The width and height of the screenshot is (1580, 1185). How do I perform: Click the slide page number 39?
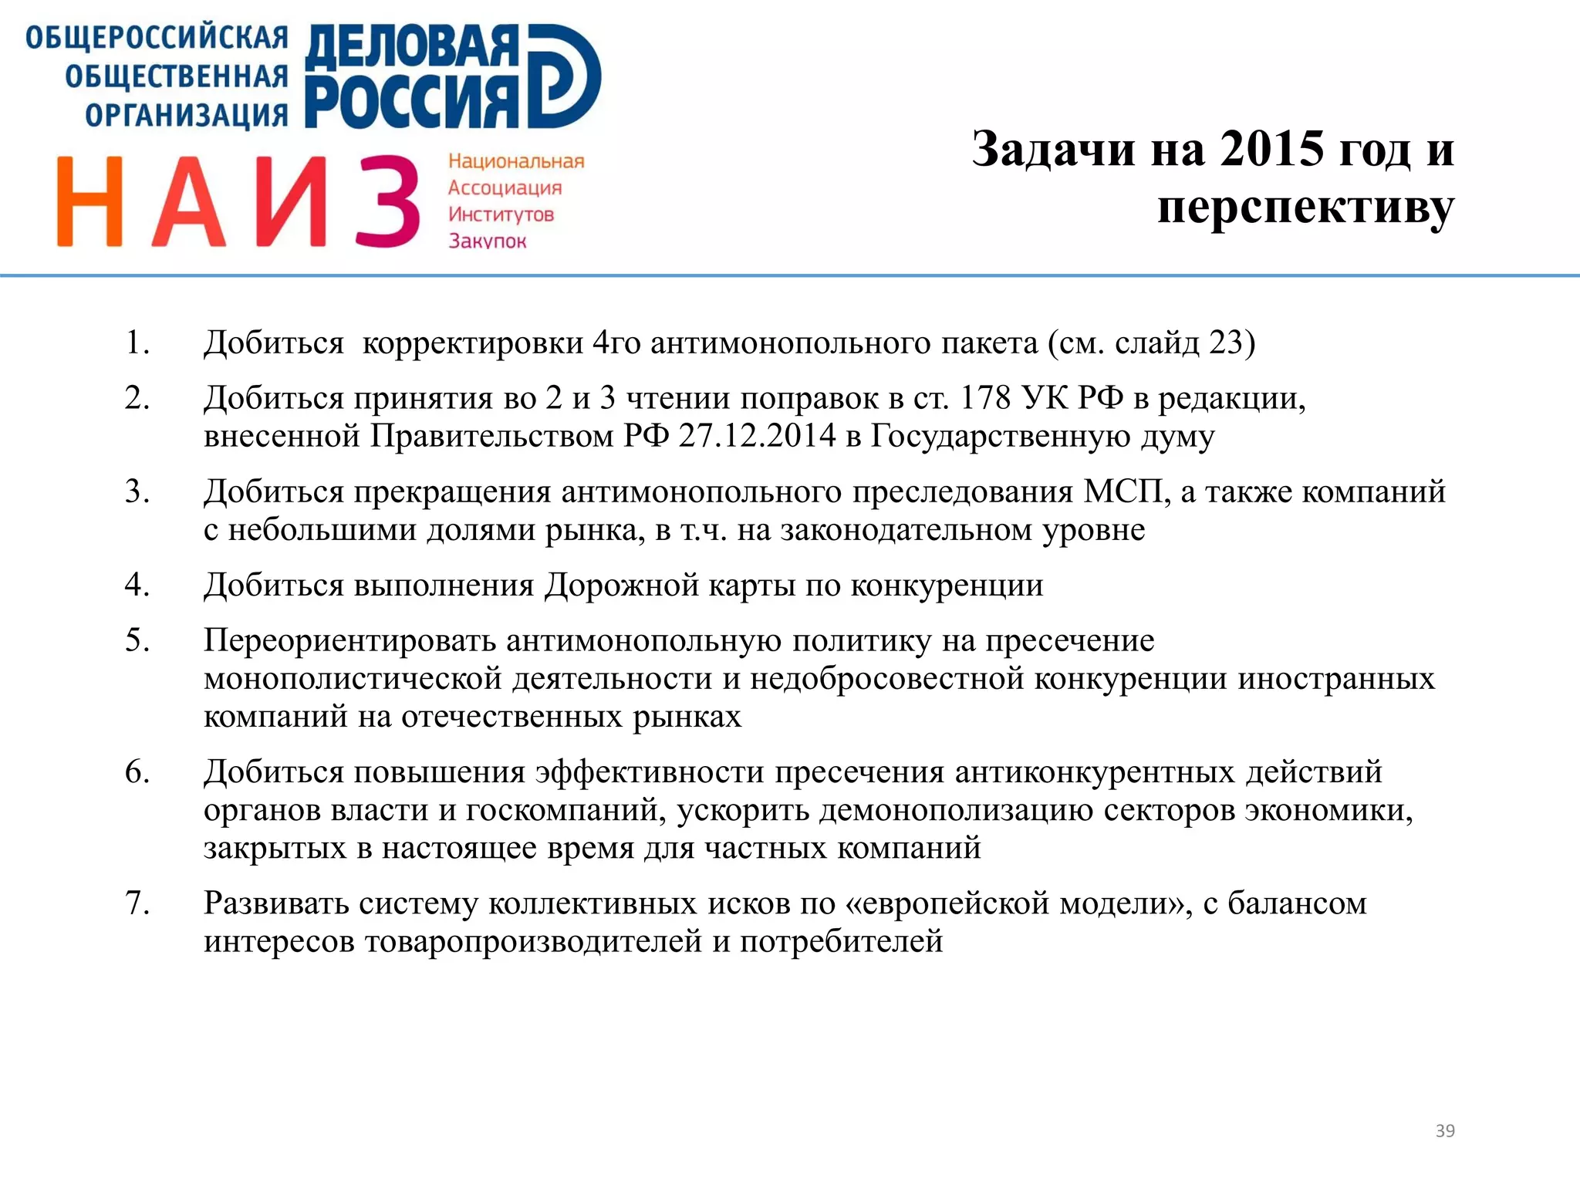pyautogui.click(x=1444, y=1131)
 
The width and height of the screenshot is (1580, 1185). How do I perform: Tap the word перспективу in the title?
pyautogui.click(x=1305, y=207)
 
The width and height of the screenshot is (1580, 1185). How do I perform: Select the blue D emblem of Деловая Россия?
pyautogui.click(x=564, y=76)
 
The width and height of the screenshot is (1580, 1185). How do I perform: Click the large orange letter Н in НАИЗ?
pyautogui.click(x=89, y=201)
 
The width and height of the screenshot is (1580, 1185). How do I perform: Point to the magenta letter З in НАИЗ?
pyautogui.click(x=388, y=201)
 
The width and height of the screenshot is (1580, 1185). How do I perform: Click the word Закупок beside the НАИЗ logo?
pyautogui.click(x=487, y=241)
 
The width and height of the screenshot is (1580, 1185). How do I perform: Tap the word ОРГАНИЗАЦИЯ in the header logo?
pyautogui.click(x=186, y=115)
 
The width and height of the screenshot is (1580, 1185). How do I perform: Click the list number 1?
pyautogui.click(x=137, y=343)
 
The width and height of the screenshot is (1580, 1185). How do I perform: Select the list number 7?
pyautogui.click(x=137, y=903)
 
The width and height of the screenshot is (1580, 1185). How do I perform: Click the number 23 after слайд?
pyautogui.click(x=1226, y=343)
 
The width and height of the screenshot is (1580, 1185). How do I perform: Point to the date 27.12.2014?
pyautogui.click(x=757, y=436)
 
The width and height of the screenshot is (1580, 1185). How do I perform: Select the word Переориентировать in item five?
pyautogui.click(x=350, y=640)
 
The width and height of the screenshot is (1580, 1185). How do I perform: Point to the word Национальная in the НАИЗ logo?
pyautogui.click(x=516, y=161)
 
